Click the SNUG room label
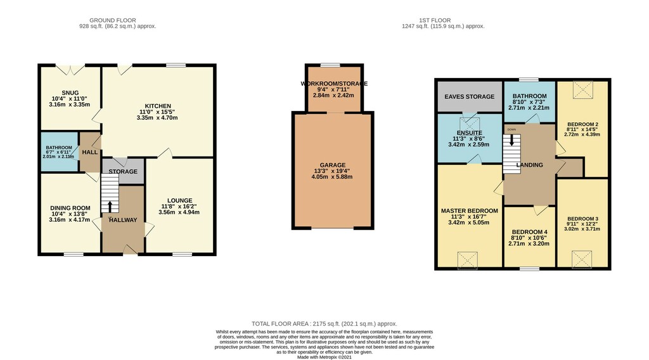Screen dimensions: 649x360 [x=70, y=93]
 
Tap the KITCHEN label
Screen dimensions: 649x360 [x=158, y=106]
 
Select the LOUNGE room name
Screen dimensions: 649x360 [x=179, y=200]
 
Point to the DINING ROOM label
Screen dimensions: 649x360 [x=70, y=208]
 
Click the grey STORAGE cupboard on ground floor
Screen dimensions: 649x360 [x=123, y=171]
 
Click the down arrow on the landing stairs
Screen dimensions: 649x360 [x=512, y=141]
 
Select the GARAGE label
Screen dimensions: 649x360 [x=332, y=165]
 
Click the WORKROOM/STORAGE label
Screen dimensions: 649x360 [x=334, y=84]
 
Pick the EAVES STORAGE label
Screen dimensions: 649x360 [x=470, y=96]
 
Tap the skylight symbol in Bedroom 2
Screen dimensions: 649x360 [x=583, y=89]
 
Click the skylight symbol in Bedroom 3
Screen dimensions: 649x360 [x=582, y=259]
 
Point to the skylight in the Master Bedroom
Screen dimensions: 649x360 [x=468, y=260]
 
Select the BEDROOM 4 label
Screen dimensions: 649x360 [x=529, y=232]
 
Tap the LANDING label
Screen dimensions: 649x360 [x=529, y=165]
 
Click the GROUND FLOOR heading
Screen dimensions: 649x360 [x=113, y=20]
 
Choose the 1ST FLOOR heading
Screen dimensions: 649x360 [x=435, y=20]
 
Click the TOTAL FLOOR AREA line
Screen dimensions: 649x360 [x=324, y=324]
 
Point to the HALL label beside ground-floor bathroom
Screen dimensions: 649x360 [x=90, y=152]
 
